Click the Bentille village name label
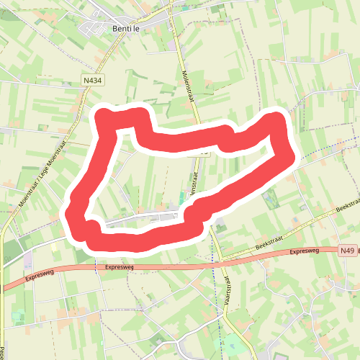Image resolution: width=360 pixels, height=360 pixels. click(129, 29)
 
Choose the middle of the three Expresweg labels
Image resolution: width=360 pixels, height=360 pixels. click(120, 267)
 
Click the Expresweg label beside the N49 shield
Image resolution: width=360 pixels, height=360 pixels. click(305, 252)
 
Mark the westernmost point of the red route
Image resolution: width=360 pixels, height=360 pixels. click(70, 213)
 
